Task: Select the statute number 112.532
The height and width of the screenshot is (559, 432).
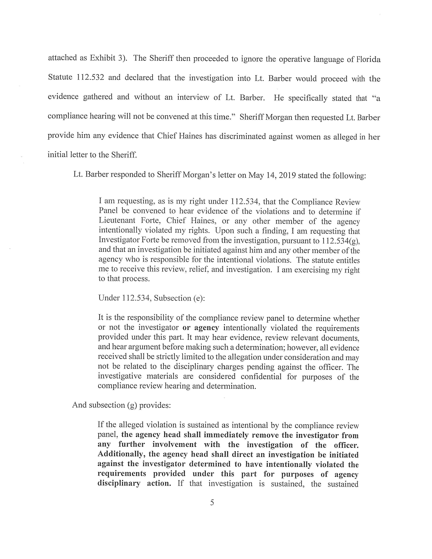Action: pos(90,77)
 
